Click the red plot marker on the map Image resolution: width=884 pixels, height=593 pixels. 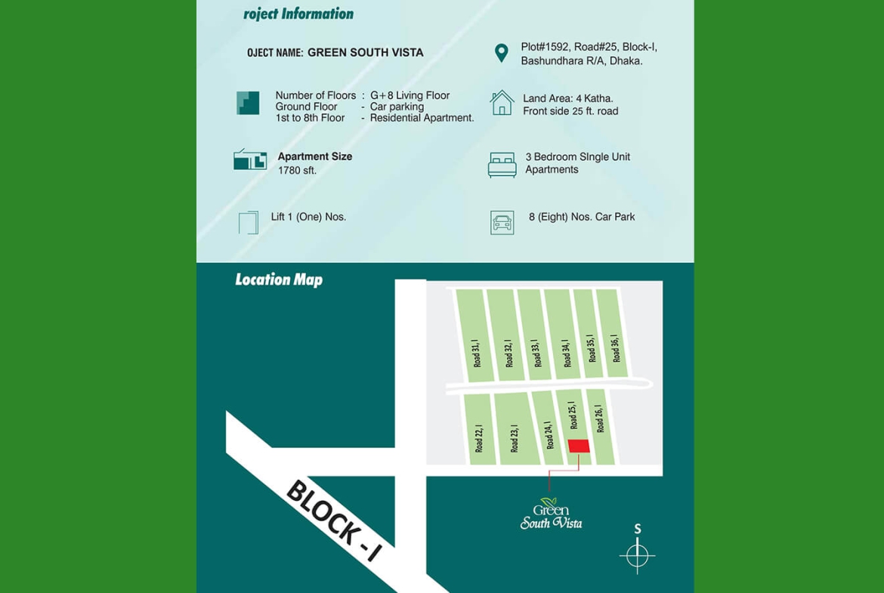[x=579, y=446]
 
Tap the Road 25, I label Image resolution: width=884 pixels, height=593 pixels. [x=572, y=415]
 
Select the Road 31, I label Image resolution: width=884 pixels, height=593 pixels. [x=477, y=353]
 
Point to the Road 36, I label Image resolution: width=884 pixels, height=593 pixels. [x=615, y=348]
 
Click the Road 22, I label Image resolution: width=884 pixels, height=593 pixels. [x=479, y=438]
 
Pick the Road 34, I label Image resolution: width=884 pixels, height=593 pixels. [x=565, y=354]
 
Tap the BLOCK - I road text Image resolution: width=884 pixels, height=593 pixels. [x=333, y=520]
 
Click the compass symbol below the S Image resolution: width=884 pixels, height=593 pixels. [x=637, y=556]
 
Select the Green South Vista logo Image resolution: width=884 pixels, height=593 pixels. [x=551, y=514]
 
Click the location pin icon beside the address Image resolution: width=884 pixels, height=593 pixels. [x=501, y=53]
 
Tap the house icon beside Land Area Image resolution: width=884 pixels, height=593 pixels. [x=502, y=103]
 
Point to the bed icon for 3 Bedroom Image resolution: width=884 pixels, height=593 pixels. [x=502, y=164]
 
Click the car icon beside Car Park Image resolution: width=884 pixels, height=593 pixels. [x=502, y=222]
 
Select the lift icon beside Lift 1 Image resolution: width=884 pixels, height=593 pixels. [x=249, y=222]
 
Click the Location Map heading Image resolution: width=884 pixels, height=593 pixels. [x=279, y=280]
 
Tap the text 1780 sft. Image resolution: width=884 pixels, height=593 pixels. [x=297, y=171]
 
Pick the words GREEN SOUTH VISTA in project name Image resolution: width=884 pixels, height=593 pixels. [x=366, y=53]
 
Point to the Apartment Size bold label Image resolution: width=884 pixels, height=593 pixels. [x=315, y=156]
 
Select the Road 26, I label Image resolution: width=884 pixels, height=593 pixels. [x=599, y=418]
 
